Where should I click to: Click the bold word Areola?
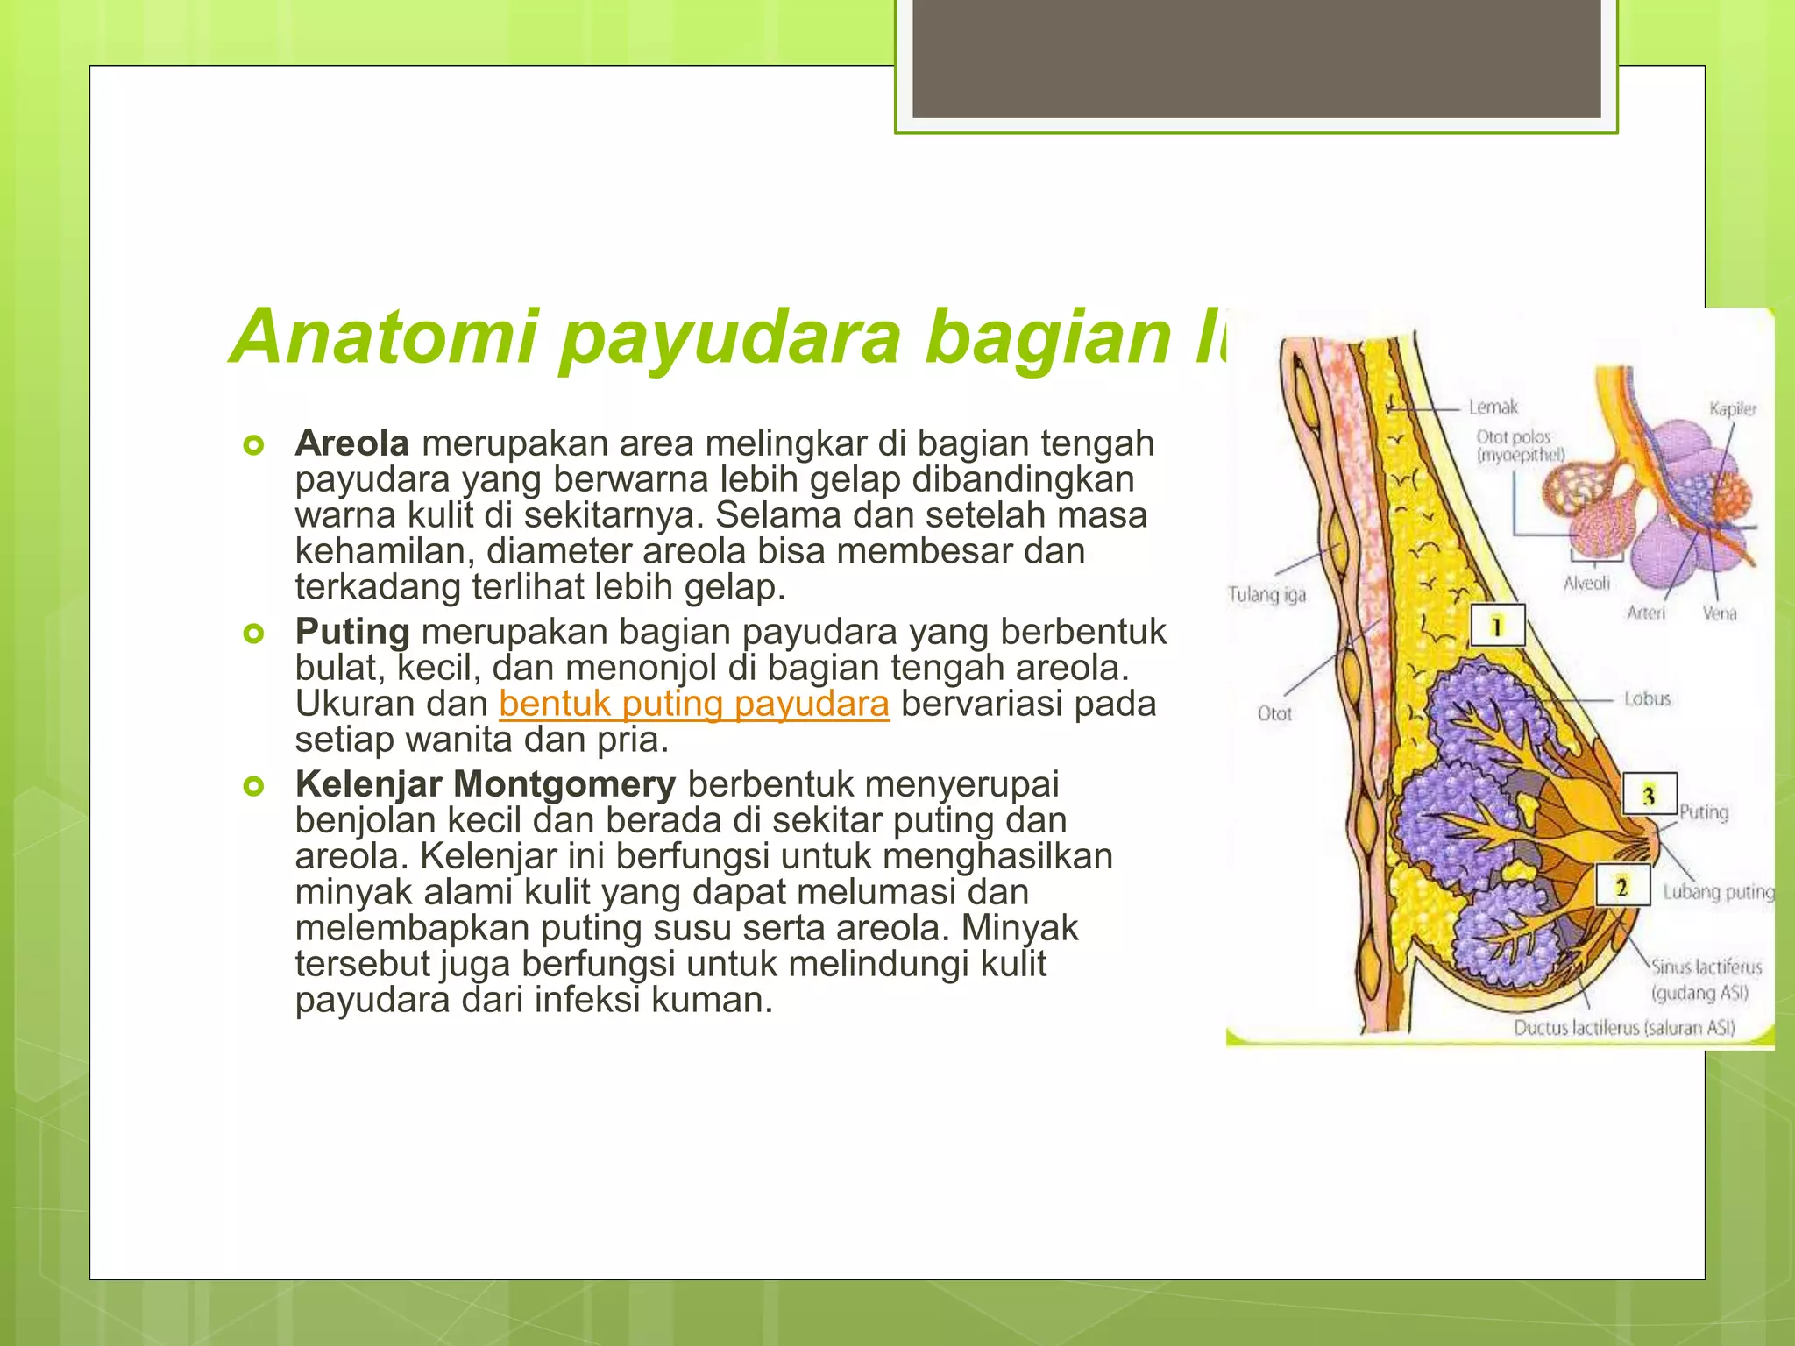click(x=351, y=443)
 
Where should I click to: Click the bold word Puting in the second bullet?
click(x=351, y=632)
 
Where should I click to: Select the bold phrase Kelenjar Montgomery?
click(x=485, y=784)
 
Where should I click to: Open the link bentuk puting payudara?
click(x=694, y=704)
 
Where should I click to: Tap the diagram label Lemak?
click(x=1493, y=407)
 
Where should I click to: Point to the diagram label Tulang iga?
click(x=1266, y=595)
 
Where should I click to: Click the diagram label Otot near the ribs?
click(x=1274, y=713)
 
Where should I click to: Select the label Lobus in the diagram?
click(x=1647, y=699)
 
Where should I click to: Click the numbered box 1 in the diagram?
click(x=1497, y=626)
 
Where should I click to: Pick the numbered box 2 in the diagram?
click(x=1622, y=887)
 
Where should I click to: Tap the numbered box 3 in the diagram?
click(x=1649, y=795)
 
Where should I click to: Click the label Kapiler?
click(x=1732, y=409)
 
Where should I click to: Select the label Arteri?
click(x=1645, y=613)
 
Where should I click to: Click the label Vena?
click(x=1719, y=613)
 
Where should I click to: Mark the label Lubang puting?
click(x=1718, y=892)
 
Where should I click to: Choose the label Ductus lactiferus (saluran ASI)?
click(x=1624, y=1028)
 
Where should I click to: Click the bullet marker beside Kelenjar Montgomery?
click(x=253, y=786)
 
